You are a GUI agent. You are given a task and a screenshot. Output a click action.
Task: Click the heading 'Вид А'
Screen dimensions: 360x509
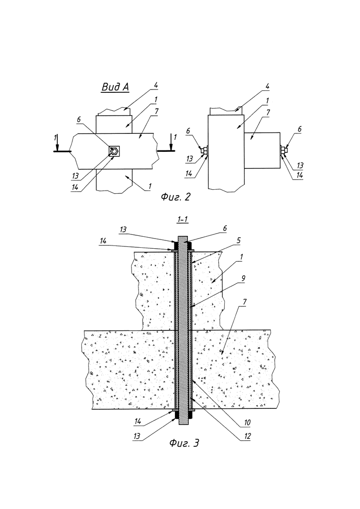click(x=115, y=87)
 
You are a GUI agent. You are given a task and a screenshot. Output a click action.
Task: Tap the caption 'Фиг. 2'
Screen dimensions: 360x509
click(x=176, y=197)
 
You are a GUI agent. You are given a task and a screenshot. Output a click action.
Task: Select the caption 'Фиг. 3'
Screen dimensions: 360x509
click(x=184, y=443)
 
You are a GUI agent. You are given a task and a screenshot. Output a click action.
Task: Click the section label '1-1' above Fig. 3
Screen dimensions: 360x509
click(x=182, y=220)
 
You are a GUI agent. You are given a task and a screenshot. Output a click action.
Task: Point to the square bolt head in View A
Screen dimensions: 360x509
click(x=114, y=151)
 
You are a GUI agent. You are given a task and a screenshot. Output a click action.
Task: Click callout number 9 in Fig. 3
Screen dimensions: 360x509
click(x=243, y=278)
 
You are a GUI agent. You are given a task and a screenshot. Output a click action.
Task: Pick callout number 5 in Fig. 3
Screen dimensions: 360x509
click(x=239, y=240)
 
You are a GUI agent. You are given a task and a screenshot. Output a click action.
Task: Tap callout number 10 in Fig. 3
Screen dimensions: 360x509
click(x=247, y=423)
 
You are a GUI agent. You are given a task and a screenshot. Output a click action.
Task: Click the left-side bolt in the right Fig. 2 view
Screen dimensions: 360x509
click(x=204, y=150)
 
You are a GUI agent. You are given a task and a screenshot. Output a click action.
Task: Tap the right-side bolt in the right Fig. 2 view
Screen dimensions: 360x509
click(x=283, y=150)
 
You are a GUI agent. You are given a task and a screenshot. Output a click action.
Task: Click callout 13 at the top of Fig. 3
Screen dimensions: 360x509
click(x=123, y=229)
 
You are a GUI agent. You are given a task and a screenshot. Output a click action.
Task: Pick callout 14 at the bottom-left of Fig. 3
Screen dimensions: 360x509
click(x=138, y=422)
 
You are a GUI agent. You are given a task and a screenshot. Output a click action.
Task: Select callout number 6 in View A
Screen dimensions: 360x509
click(x=78, y=120)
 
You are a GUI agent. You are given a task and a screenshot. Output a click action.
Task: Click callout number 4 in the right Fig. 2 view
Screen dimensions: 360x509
click(x=268, y=87)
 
